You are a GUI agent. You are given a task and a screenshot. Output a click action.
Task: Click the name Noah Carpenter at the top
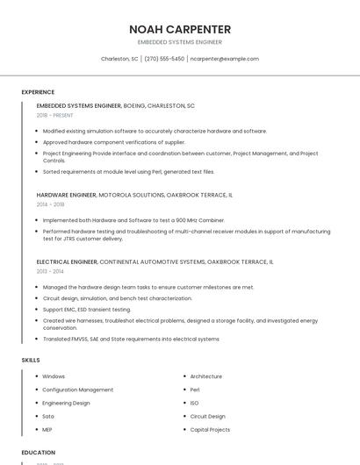coord(180,29)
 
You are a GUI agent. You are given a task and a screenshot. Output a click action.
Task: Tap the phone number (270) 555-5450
coord(164,59)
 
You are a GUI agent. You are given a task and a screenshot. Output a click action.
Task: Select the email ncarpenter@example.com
coord(225,59)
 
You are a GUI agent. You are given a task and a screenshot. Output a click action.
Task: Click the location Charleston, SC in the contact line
coord(119,59)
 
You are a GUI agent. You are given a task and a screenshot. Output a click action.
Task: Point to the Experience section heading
coord(38,92)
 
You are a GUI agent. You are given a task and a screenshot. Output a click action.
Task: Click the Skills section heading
coord(31,360)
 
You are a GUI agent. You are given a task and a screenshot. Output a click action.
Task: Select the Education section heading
coord(39,453)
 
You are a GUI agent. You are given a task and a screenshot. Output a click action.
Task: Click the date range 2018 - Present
coord(55,115)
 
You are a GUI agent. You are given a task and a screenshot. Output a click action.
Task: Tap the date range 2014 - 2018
coord(50,204)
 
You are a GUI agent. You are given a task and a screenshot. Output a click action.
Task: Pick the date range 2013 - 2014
coord(50,271)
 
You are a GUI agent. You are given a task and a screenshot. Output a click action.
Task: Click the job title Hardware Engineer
coord(67,195)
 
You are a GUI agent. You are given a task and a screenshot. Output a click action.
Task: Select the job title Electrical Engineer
coord(67,261)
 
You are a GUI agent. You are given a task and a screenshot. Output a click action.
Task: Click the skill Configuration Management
coord(77,390)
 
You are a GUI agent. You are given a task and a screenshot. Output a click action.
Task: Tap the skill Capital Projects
coord(210,430)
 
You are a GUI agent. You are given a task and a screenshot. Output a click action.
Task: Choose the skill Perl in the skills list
coord(195,390)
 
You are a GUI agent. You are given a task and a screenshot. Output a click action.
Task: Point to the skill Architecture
coord(206,376)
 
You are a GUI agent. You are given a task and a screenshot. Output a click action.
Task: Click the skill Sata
coord(48,417)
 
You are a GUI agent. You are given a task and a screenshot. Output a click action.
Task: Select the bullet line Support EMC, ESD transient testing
coord(87,309)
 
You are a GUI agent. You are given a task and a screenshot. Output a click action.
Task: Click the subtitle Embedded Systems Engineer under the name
coord(180,42)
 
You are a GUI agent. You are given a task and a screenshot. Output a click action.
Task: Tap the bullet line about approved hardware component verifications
coord(114,141)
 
